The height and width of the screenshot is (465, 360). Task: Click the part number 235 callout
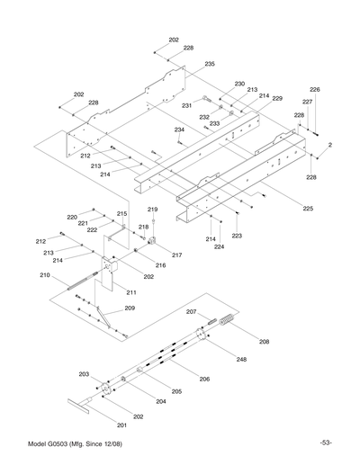point(209,64)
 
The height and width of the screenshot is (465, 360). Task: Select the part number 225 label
point(307,209)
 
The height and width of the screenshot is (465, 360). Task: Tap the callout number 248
point(241,360)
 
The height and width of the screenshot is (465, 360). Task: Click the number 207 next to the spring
point(191,312)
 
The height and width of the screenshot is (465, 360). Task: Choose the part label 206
point(205,380)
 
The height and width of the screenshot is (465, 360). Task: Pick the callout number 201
point(122,424)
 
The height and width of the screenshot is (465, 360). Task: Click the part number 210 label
point(44,276)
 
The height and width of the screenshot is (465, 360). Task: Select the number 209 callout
point(130,309)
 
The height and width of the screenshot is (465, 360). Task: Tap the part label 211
point(131,293)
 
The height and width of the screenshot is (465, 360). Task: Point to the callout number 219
point(152,209)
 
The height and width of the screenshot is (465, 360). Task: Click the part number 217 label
point(177,255)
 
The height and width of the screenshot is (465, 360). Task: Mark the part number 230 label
point(239,84)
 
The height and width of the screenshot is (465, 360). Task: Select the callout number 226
point(315,90)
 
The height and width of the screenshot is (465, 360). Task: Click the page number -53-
point(325,441)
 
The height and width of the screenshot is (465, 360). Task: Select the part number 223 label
point(237,236)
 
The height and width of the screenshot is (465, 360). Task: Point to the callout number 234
point(179,130)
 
